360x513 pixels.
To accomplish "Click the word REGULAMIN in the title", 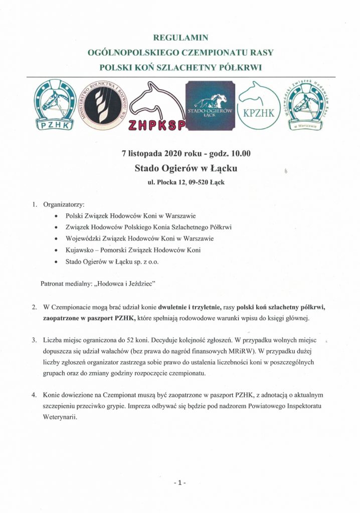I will click(x=180, y=37).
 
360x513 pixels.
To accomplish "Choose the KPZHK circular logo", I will click(x=258, y=106).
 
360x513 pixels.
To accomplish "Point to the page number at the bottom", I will click(x=179, y=482).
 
